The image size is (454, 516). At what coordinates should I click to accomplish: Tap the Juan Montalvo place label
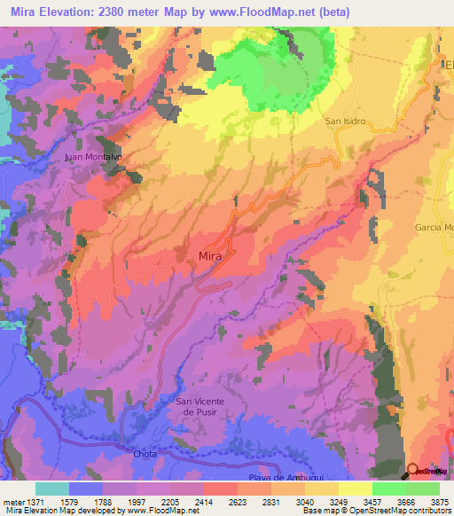click(92, 156)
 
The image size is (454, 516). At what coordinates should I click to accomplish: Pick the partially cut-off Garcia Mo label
click(434, 228)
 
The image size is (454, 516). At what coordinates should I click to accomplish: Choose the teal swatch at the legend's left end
click(52, 489)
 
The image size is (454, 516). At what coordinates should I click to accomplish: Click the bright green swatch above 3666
click(388, 489)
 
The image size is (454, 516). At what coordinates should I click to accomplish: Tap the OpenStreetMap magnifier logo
click(412, 470)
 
